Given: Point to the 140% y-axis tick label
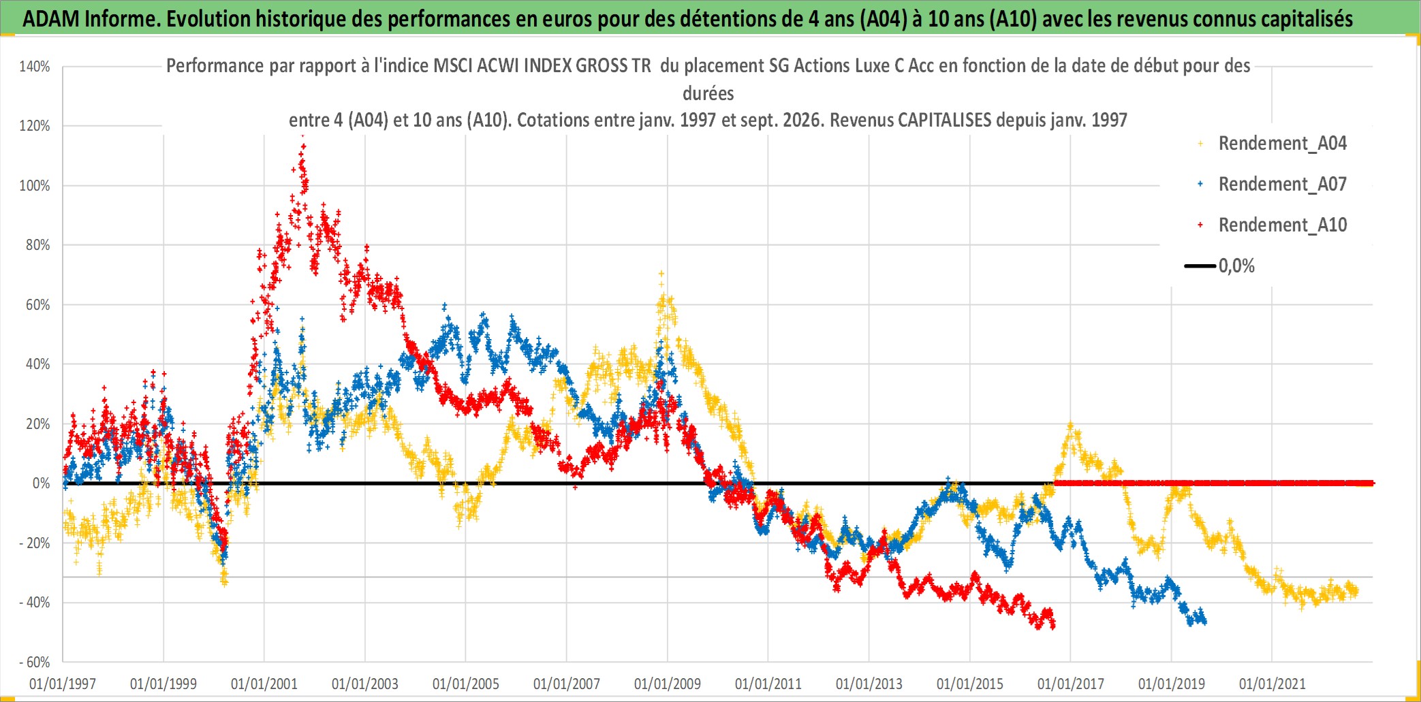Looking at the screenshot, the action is tap(35, 67).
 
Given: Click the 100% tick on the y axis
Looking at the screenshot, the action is tap(35, 186).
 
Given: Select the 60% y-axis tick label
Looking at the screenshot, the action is tap(38, 305).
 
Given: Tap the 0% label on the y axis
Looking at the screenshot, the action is tap(42, 483).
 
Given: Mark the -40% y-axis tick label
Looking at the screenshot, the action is tap(35, 603).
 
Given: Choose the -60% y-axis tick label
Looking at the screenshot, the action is tap(35, 663).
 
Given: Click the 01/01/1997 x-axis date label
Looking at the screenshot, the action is tap(63, 684).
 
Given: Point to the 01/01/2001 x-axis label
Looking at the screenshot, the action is tap(264, 684).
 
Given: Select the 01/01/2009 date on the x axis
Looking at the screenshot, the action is tap(668, 684).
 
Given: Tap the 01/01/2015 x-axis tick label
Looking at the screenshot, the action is tap(970, 684).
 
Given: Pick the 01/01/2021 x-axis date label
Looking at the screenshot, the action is tap(1272, 684).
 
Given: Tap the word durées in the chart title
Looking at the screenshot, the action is tap(708, 93).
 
